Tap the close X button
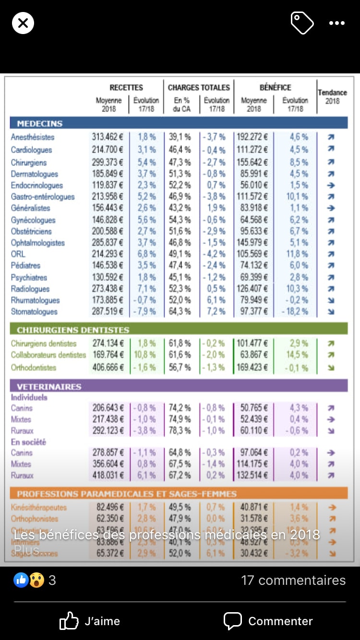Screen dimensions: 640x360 tap(23, 23)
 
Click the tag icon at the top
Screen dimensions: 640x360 tap(302, 23)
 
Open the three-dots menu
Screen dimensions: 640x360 tap(336, 23)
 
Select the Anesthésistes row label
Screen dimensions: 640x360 tap(33, 137)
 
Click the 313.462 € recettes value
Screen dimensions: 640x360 tap(108, 137)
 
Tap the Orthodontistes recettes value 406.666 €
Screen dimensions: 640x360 tap(108, 367)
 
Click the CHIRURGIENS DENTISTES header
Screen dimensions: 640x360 tap(73, 330)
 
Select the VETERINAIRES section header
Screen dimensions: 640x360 tap(49, 387)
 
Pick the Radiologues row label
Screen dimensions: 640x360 tap(30, 289)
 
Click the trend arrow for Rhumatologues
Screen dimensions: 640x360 tap(331, 300)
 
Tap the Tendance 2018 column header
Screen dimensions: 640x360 tap(332, 96)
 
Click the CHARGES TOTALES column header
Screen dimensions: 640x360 tap(199, 87)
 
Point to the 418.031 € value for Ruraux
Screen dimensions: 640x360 tap(108, 475)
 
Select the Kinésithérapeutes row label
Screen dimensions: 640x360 tap(39, 507)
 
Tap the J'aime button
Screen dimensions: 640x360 tap(90, 621)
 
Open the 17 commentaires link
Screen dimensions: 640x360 tap(293, 580)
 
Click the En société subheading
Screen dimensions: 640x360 tap(28, 442)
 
